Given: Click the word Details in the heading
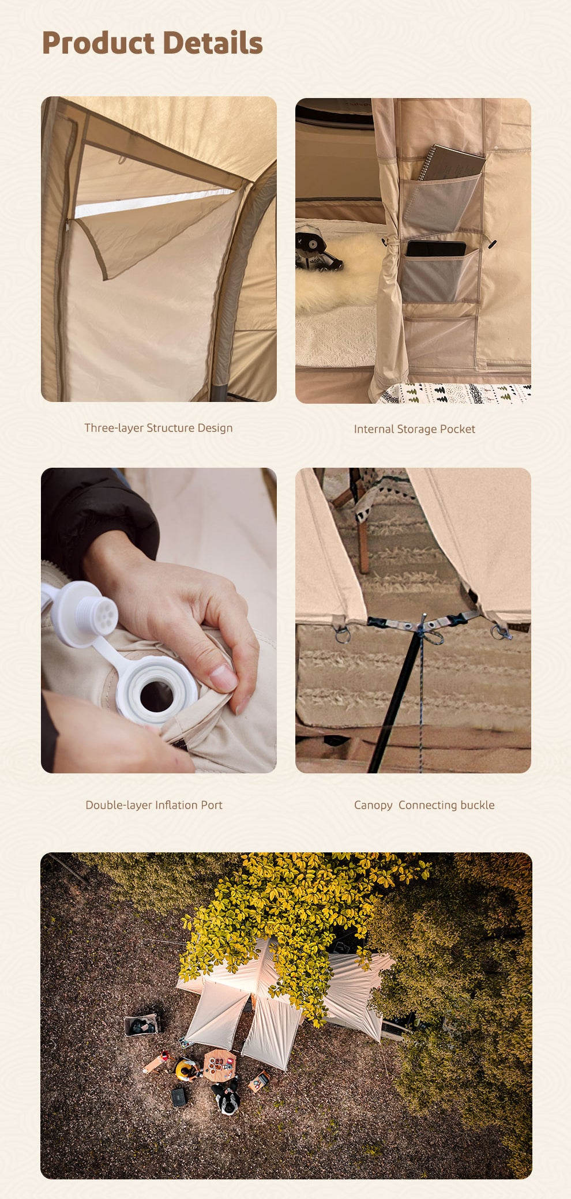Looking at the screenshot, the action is (x=212, y=43).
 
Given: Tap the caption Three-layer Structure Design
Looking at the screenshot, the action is (x=159, y=428).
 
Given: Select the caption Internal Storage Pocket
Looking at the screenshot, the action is (x=415, y=429).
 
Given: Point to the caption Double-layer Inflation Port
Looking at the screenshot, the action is (x=154, y=805).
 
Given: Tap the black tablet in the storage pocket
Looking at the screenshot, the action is (x=436, y=249).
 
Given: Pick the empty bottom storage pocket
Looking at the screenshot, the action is (x=441, y=340).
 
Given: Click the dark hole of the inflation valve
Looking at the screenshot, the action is (x=156, y=696).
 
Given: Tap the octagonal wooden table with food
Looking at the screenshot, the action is (x=220, y=1065).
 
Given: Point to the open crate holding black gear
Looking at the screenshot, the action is (x=141, y=1025).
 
